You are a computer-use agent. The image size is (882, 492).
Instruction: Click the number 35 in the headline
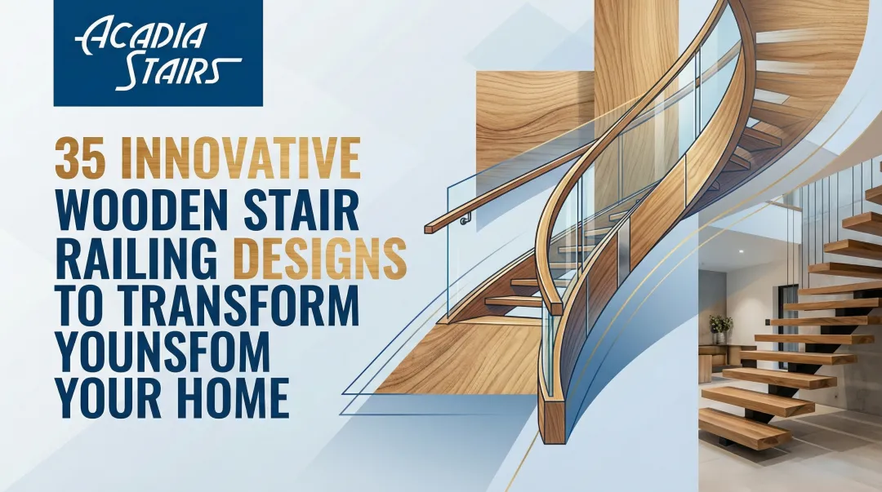[80, 159]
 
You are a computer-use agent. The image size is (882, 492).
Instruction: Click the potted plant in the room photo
[720, 326]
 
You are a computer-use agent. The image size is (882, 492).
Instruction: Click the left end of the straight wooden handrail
[430, 225]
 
